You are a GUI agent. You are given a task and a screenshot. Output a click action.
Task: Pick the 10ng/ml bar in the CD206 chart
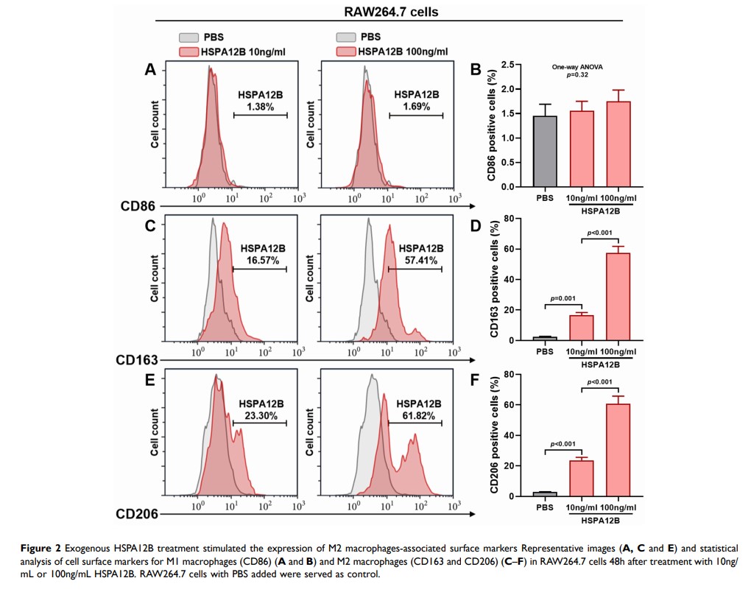click(581, 478)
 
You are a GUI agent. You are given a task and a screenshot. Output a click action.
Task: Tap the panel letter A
click(150, 70)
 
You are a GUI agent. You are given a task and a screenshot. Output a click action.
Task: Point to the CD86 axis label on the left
click(136, 207)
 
